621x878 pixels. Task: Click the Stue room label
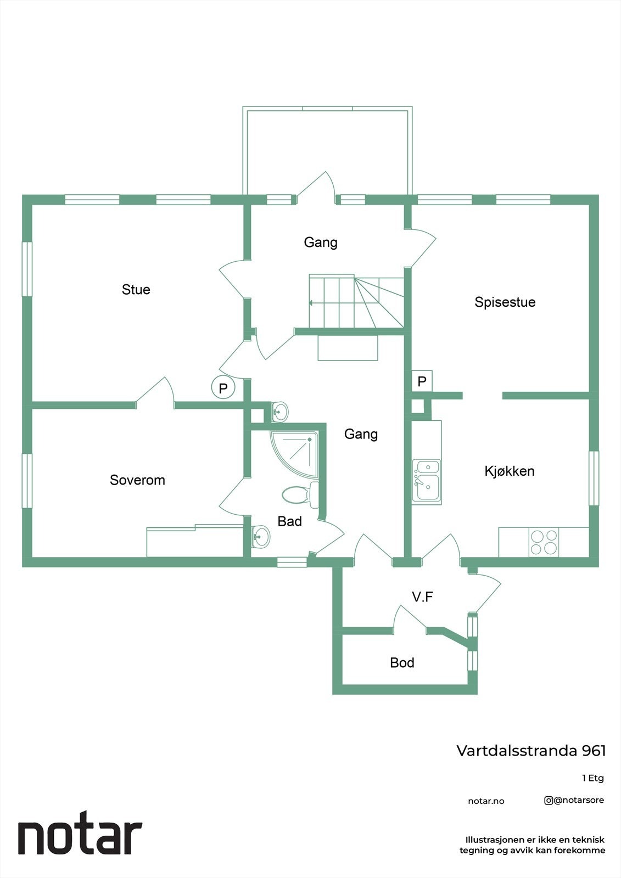(x=136, y=289)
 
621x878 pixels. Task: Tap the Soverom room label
(x=137, y=480)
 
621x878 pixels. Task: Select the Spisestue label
(x=505, y=302)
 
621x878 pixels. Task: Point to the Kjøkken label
(x=509, y=471)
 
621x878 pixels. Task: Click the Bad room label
(x=289, y=521)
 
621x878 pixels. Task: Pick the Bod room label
(x=402, y=663)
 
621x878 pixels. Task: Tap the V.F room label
(x=423, y=596)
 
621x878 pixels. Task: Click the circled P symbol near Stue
(x=223, y=388)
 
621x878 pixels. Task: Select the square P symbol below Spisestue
(x=422, y=381)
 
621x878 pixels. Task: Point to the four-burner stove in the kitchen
(x=543, y=542)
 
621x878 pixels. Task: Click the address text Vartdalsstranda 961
(x=531, y=750)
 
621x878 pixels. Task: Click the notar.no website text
(x=486, y=801)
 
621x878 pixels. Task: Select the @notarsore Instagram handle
(x=574, y=800)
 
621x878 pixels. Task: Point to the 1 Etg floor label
(x=593, y=778)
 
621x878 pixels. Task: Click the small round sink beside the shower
(x=280, y=410)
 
